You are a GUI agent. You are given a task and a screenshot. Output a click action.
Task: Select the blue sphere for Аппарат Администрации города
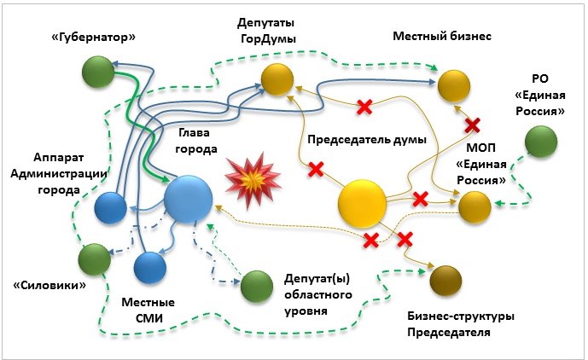[x=111, y=208]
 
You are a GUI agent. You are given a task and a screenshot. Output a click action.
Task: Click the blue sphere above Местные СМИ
[x=150, y=267]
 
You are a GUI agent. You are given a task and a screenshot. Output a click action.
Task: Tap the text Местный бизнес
[x=442, y=37]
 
